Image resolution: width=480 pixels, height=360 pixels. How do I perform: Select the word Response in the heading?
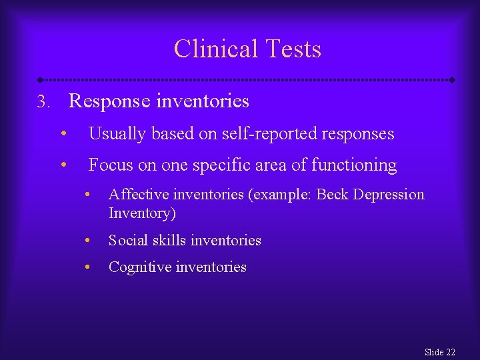point(111,101)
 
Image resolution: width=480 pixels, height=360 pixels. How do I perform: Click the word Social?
point(128,240)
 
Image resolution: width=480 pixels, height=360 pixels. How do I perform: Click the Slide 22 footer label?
point(439,352)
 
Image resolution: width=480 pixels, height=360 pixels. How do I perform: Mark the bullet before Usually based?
point(62,134)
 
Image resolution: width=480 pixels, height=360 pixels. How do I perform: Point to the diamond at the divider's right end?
point(452,79)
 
